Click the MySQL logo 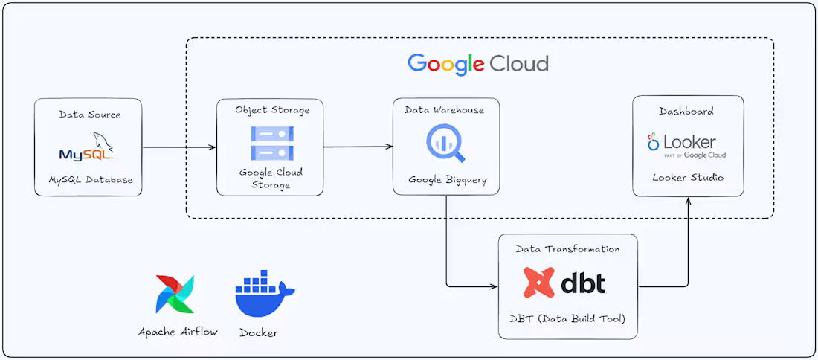(87, 147)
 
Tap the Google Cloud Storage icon (271, 143)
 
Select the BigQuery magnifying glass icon (445, 144)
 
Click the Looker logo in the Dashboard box (686, 144)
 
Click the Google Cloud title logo (478, 63)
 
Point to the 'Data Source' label (90, 115)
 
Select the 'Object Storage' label (272, 110)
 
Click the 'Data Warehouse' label (444, 110)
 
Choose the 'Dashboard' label (686, 111)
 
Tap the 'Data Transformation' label (567, 249)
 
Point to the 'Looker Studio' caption (688, 178)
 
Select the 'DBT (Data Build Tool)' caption (567, 319)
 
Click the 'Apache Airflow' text (178, 332)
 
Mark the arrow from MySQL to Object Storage (178, 147)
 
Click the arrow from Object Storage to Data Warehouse (358, 147)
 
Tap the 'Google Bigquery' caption (445, 181)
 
